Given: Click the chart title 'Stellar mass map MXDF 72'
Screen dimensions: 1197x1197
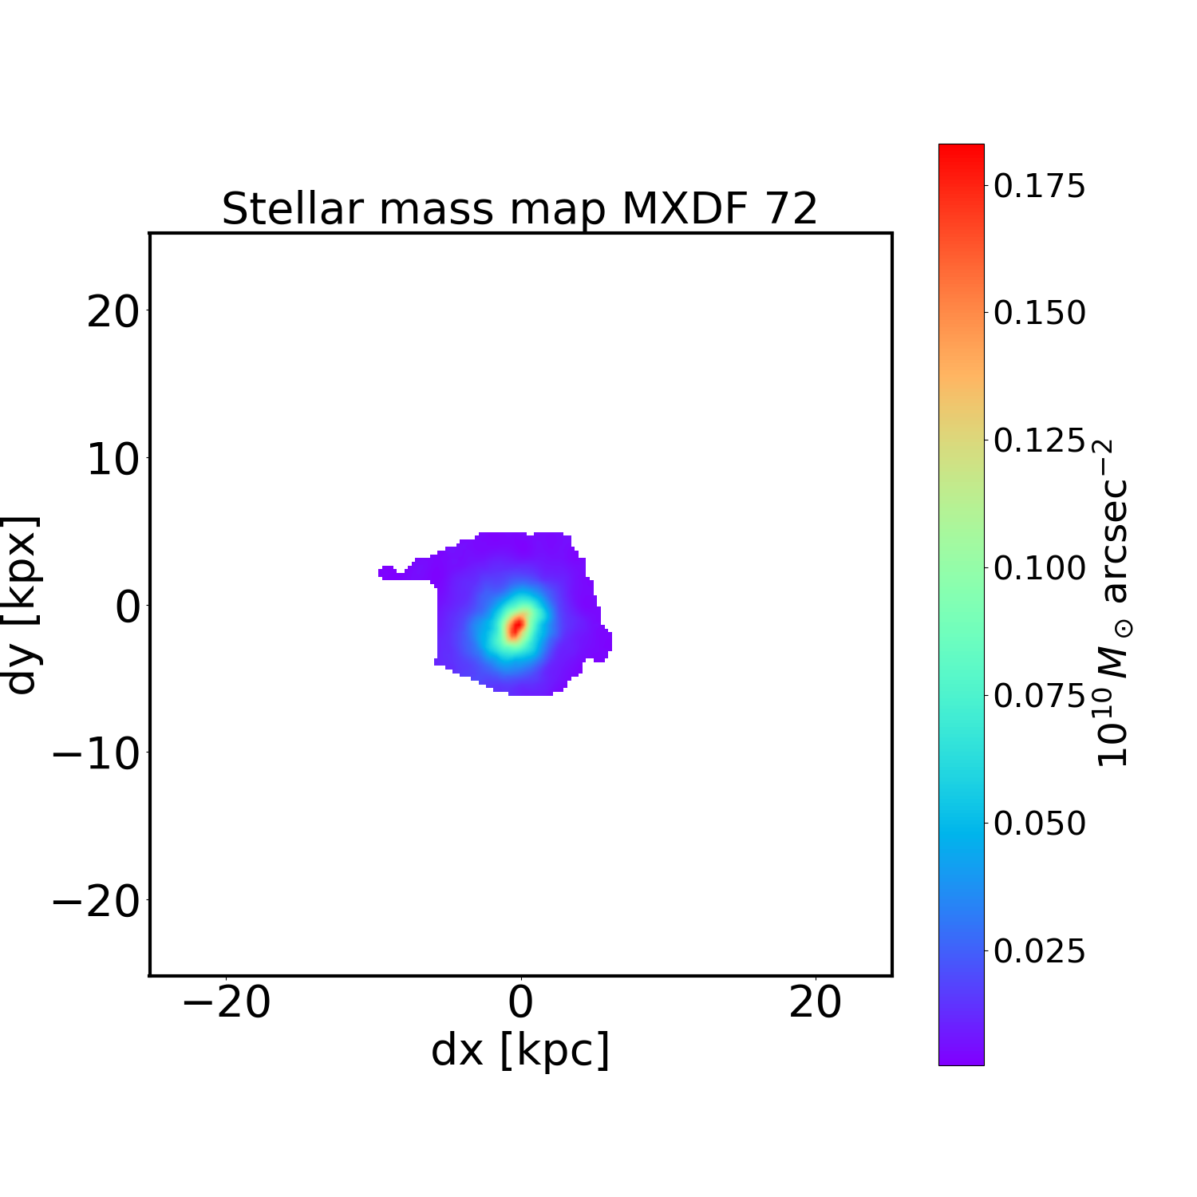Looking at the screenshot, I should click(519, 209).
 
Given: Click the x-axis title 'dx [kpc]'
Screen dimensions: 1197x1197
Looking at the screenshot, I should click(520, 1049).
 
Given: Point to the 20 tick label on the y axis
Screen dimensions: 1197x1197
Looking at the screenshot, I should click(113, 312).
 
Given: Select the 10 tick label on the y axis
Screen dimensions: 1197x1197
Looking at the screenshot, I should click(113, 460).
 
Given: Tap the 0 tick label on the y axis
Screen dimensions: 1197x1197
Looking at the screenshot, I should click(128, 607).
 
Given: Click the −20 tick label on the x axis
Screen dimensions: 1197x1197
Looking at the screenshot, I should click(227, 1002).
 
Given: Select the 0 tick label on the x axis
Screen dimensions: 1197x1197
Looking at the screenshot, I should click(520, 1002).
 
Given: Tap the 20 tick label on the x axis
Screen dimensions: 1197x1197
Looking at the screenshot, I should click(815, 1002).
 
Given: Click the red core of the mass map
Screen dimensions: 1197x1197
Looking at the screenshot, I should click(516, 626).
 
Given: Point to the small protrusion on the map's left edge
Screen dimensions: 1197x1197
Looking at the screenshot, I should click(387, 572).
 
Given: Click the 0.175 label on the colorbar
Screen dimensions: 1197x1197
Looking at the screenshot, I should click(1039, 186).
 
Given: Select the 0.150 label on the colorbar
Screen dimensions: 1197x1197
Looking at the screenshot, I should click(1039, 313).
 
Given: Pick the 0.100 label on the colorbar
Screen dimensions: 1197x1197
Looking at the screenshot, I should click(1039, 568).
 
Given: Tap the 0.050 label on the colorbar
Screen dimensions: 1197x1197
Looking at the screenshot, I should click(1039, 824).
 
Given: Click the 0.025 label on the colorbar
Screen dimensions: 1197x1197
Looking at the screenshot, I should click(1039, 951).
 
